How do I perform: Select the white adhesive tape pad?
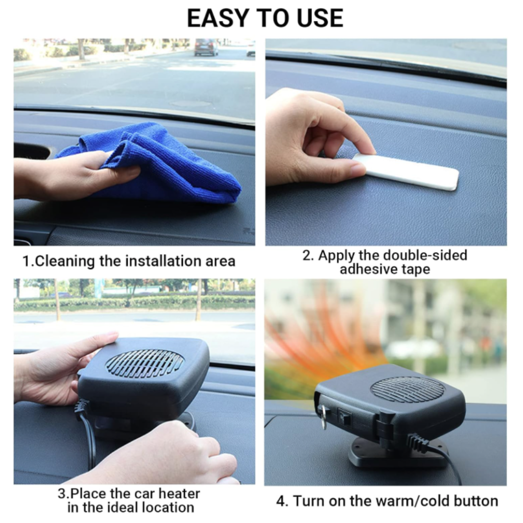(x=405, y=172)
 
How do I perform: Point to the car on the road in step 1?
(x=206, y=47)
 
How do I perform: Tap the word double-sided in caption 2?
(x=425, y=255)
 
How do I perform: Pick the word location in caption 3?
(x=168, y=508)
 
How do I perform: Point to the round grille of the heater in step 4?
(x=407, y=389)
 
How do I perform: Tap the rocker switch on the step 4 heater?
(x=344, y=417)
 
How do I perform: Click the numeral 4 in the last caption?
(x=281, y=501)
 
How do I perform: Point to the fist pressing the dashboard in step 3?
(x=160, y=454)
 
